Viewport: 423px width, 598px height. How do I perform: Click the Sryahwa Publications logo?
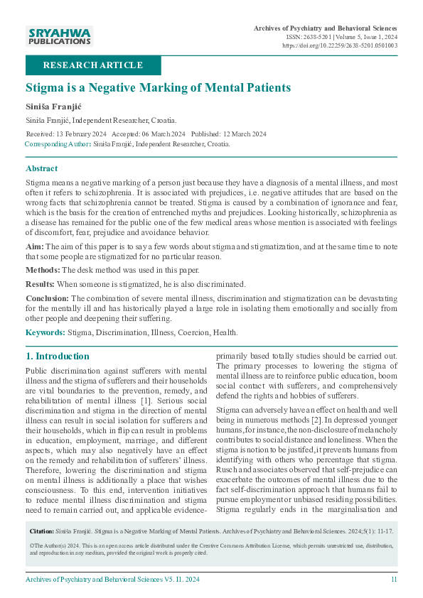pos(60,36)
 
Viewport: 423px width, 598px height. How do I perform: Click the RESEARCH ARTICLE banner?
pos(93,65)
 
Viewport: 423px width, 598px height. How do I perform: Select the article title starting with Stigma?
pos(158,88)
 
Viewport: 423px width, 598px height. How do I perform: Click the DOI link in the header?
pos(340,45)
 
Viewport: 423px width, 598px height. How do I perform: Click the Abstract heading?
pos(42,168)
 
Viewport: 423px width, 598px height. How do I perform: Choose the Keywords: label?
pos(45,332)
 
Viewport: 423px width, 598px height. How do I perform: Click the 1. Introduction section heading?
pos(58,356)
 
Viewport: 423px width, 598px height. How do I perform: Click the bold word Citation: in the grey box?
pos(41,531)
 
